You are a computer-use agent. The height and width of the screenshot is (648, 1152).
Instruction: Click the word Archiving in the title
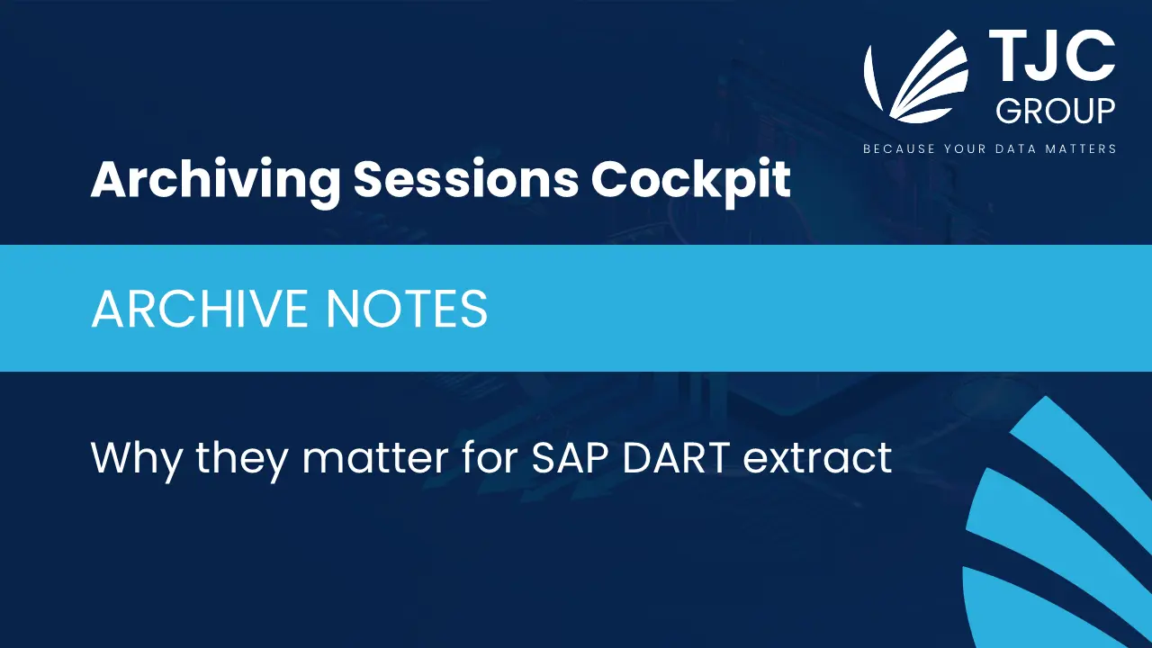215,181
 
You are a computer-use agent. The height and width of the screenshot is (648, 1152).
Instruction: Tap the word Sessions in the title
466,179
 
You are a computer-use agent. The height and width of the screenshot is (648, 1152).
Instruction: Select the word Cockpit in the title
690,181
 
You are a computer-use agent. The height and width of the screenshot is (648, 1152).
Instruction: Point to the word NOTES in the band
407,309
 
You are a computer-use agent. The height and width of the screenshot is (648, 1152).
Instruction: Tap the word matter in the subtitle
375,458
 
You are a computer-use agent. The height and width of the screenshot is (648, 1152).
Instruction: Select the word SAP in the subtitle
570,457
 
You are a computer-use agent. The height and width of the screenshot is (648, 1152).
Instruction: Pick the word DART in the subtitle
676,457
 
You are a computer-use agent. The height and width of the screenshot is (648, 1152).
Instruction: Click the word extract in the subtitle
818,458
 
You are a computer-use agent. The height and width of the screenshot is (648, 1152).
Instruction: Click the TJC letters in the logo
1052,56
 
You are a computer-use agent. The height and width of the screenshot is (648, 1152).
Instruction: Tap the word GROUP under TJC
1056,111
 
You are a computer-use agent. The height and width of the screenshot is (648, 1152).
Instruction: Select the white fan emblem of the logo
916,76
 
